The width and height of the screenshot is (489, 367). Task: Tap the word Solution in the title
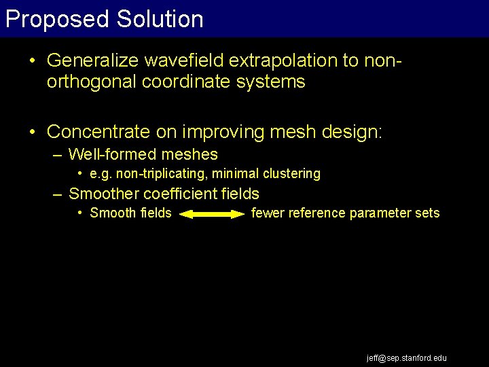[x=160, y=19]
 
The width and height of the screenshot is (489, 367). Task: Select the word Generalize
[x=85, y=60]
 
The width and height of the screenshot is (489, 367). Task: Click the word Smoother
[x=103, y=194]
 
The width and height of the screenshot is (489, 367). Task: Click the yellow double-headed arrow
[x=213, y=214]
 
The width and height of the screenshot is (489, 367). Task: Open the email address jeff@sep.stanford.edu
[x=407, y=357]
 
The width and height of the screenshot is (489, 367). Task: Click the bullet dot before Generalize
[x=33, y=60]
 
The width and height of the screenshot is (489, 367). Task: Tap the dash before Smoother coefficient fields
[x=58, y=194]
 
